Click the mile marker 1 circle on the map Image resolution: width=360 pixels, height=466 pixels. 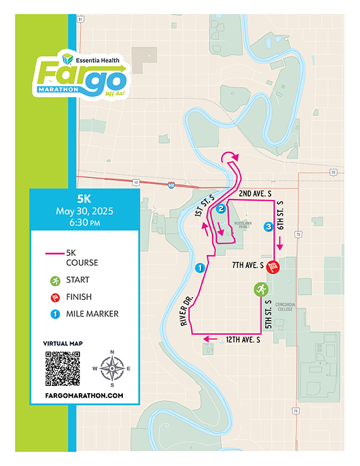(199, 268)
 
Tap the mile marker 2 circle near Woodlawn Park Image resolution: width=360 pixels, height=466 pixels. (221, 209)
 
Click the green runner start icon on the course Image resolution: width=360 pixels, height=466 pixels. (261, 289)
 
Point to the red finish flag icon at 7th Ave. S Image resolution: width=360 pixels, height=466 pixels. (273, 267)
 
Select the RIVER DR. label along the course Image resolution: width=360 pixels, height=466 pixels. (186, 312)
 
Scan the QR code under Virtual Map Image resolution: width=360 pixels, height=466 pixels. (62, 368)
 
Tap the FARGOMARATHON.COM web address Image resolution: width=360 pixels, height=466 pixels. (84, 395)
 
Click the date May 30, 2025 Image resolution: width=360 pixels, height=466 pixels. (84, 211)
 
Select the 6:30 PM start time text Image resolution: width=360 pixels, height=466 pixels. (84, 223)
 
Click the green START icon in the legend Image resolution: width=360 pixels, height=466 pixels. (55, 280)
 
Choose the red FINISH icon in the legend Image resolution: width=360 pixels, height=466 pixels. (55, 297)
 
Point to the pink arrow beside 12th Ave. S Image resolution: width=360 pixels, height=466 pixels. (209, 339)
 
